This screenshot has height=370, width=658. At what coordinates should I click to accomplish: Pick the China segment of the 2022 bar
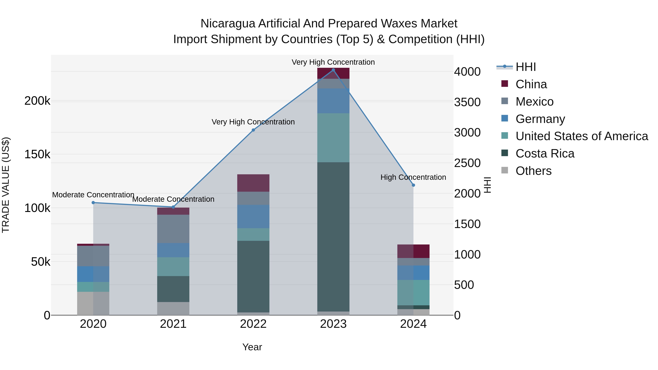(253, 183)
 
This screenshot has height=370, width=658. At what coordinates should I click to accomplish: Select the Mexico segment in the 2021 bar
(173, 229)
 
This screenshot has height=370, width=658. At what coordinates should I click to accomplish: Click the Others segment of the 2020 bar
(93, 303)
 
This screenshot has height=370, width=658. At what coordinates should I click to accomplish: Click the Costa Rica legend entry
(545, 153)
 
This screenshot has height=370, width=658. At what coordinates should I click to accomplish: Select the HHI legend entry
(525, 67)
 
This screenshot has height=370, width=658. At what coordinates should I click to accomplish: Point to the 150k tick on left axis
(37, 154)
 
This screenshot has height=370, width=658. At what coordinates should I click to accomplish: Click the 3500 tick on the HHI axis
(467, 102)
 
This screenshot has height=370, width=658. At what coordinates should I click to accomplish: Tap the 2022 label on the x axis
(253, 324)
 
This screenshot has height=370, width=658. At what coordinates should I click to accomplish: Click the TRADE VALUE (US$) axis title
(6, 185)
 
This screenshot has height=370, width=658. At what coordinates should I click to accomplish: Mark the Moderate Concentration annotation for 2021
(173, 199)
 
